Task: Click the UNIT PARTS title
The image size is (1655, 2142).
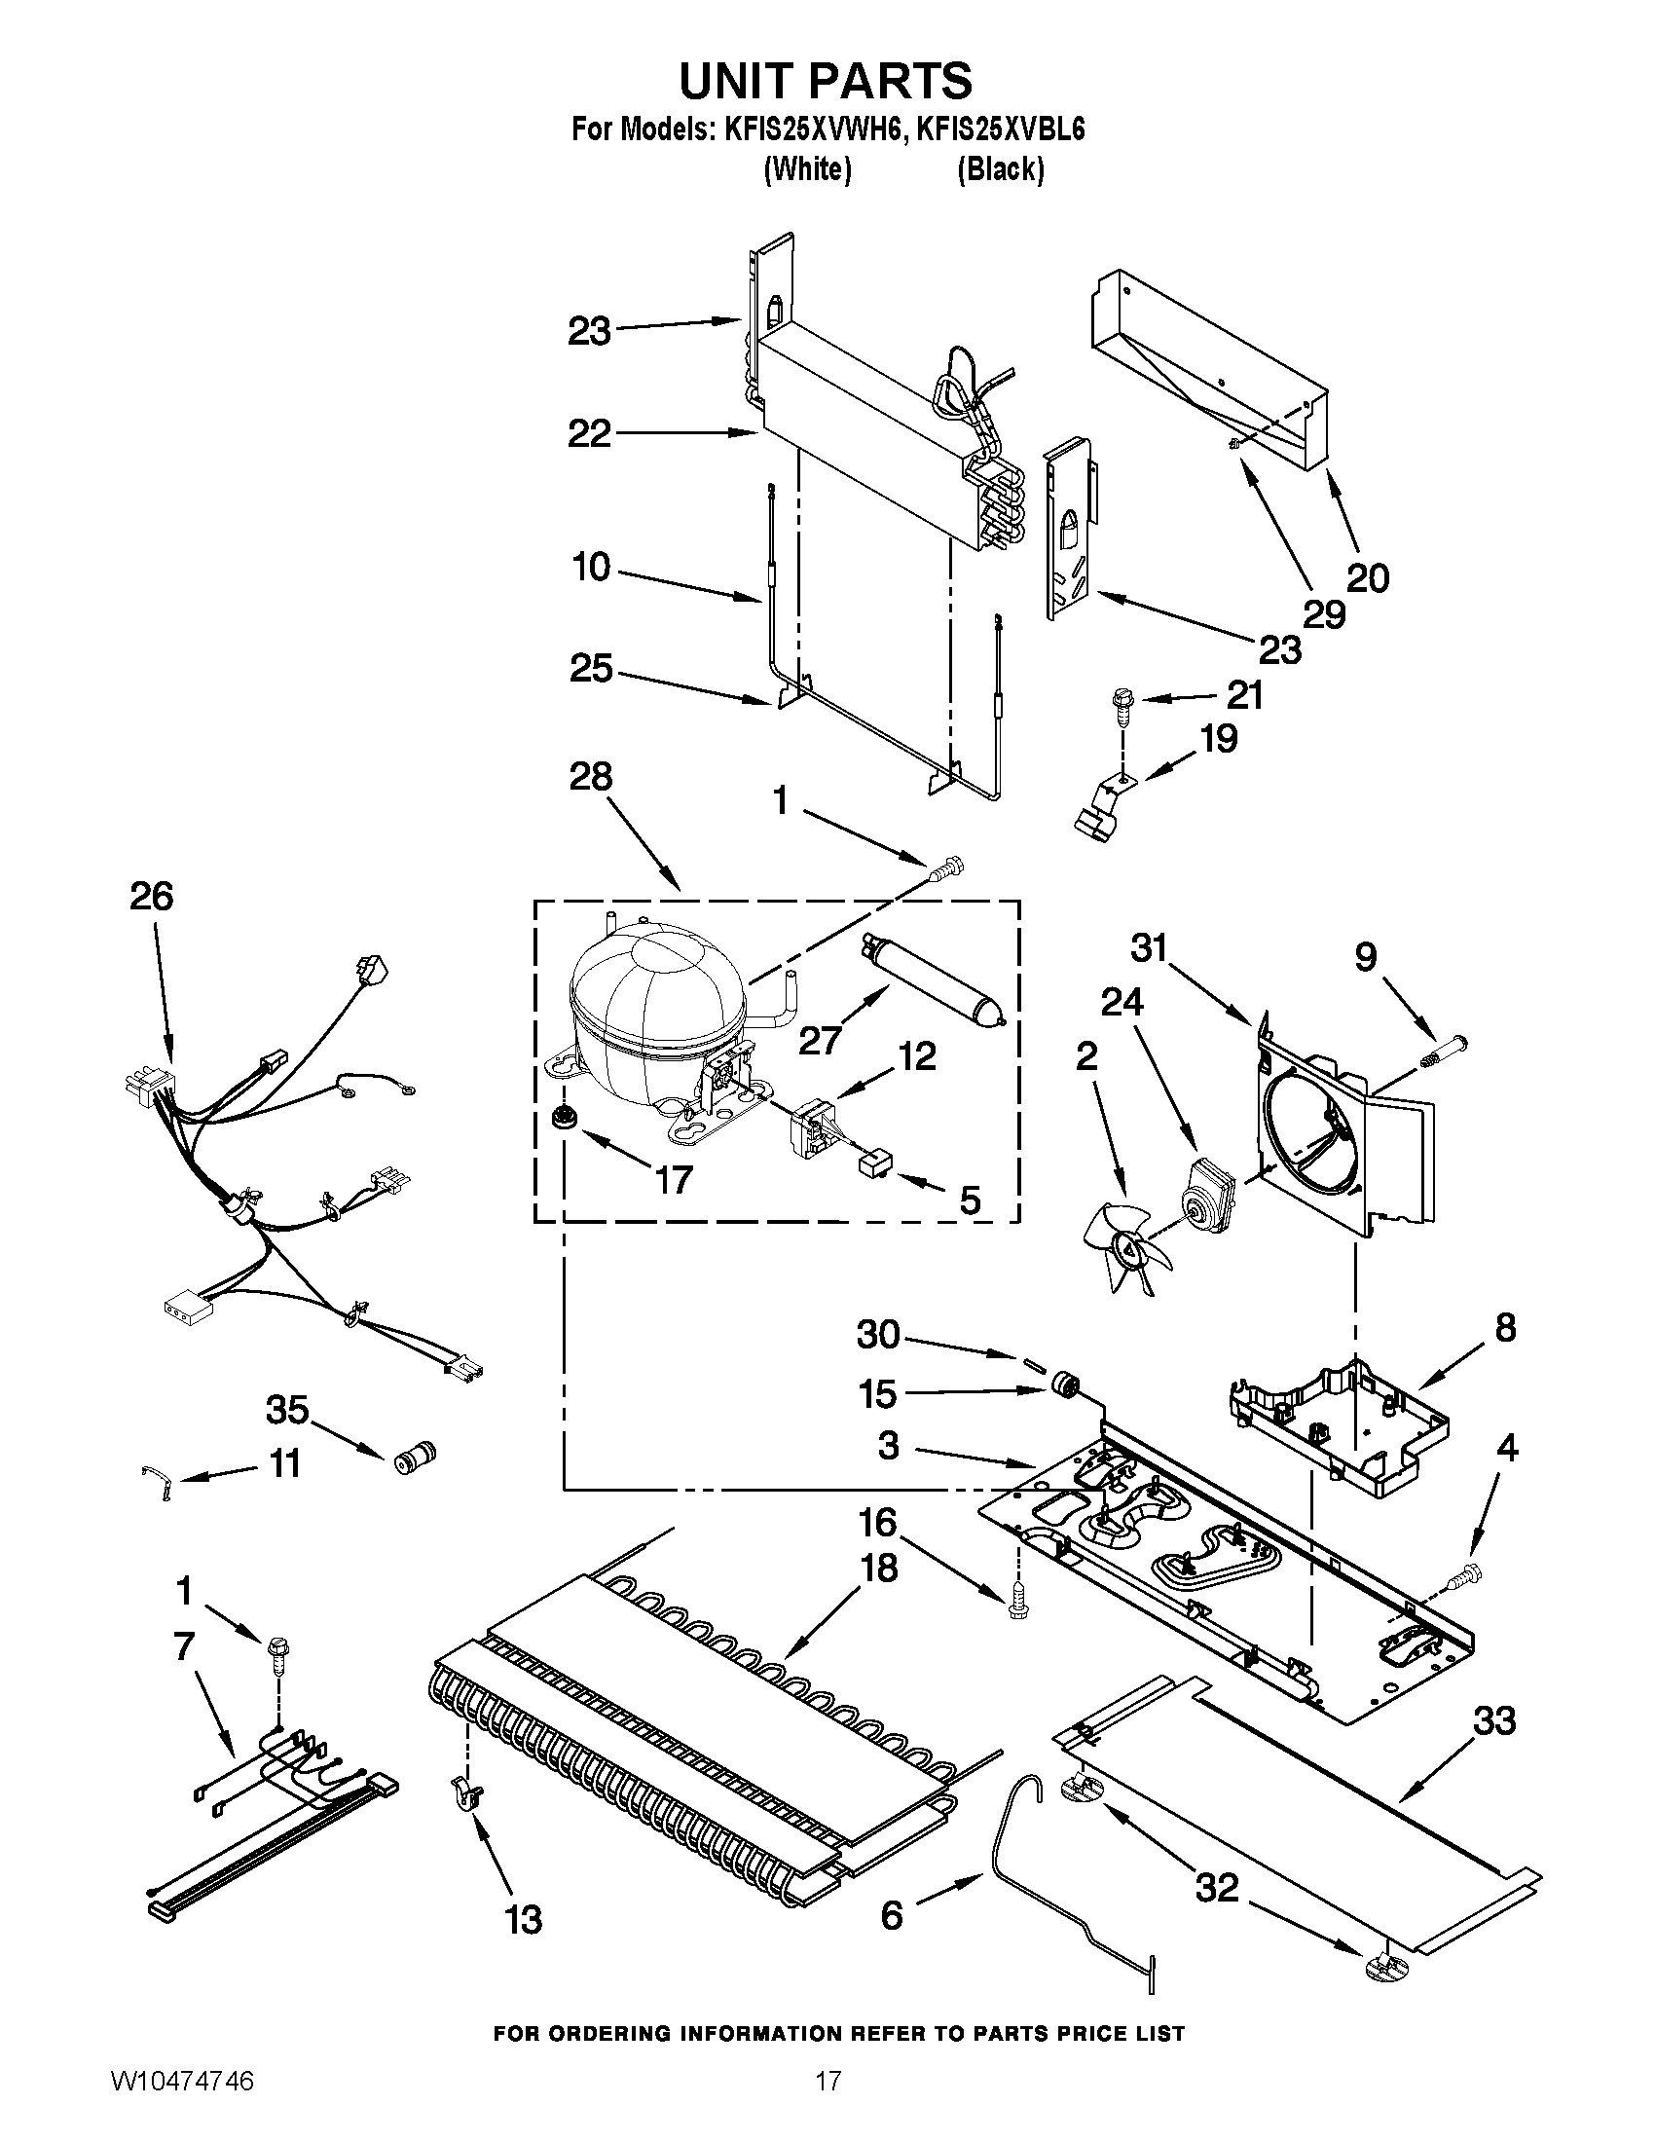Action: (826, 81)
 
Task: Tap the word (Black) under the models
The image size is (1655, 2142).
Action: (1000, 170)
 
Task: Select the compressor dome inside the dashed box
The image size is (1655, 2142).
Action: (657, 1006)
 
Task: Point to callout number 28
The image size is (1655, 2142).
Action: (590, 777)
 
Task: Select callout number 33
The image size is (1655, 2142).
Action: (1493, 1721)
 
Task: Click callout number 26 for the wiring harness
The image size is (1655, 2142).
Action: (151, 897)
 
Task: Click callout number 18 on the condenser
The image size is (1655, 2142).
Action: (878, 1569)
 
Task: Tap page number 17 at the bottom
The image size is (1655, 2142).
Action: (828, 2101)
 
